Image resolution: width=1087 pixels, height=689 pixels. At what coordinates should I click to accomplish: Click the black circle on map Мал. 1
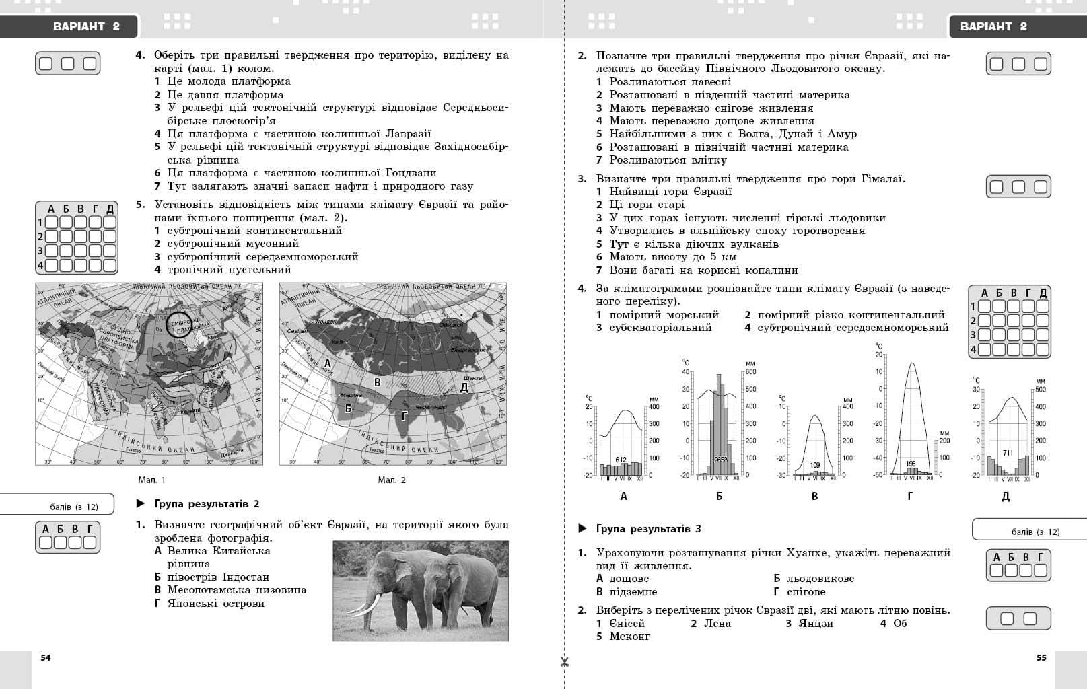(x=179, y=324)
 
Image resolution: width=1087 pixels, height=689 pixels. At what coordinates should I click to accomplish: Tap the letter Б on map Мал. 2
(x=348, y=408)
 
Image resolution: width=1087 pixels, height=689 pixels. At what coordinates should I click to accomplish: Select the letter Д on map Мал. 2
(x=464, y=387)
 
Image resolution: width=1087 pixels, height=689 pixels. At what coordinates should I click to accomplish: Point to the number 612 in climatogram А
(x=621, y=460)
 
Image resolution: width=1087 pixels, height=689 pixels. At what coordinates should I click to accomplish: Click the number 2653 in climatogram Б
(x=721, y=460)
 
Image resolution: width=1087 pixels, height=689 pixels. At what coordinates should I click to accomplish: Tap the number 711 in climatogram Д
(x=1008, y=453)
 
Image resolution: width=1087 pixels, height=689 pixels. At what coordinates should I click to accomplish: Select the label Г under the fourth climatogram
(x=910, y=496)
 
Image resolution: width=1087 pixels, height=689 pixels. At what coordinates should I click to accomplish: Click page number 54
(x=46, y=657)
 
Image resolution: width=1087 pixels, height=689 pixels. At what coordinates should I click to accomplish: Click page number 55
(x=1041, y=657)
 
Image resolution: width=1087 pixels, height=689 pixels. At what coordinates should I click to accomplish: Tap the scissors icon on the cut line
(x=564, y=662)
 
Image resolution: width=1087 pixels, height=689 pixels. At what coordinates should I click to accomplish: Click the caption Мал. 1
(x=151, y=480)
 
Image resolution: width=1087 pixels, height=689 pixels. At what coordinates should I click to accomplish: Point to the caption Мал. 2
(x=392, y=480)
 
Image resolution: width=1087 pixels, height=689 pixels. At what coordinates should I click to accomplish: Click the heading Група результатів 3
(x=648, y=528)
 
